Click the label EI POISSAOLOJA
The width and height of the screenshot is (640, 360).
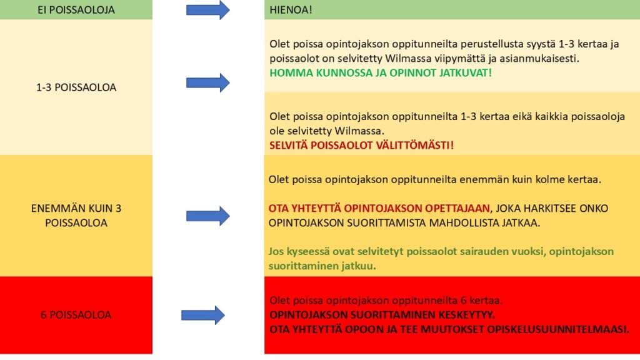[x=76, y=10]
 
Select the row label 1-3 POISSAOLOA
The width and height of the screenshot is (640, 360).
[x=76, y=87]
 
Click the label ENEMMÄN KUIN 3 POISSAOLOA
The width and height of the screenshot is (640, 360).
[x=76, y=216]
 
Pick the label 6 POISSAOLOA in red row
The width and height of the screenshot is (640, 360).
[x=76, y=315]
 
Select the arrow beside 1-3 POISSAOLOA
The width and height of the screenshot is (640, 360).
[x=208, y=82]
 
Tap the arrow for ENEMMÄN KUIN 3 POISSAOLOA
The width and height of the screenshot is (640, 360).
[x=208, y=216]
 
